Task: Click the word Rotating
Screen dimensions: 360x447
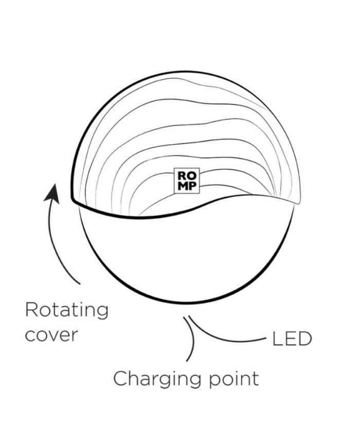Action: click(x=67, y=311)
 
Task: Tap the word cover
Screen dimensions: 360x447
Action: click(x=51, y=335)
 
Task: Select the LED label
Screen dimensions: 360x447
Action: click(x=292, y=339)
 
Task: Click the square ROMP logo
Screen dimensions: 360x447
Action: click(x=187, y=181)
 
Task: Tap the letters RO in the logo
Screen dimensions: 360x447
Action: click(x=187, y=175)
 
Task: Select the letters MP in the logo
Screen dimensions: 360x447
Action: click(x=187, y=186)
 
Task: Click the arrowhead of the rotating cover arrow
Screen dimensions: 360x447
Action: click(x=52, y=193)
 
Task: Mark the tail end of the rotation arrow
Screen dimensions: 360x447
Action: click(x=80, y=284)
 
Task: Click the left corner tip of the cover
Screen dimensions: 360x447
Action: click(x=72, y=200)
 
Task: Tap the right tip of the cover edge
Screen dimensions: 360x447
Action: click(x=298, y=203)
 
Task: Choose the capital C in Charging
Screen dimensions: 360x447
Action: click(x=120, y=379)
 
